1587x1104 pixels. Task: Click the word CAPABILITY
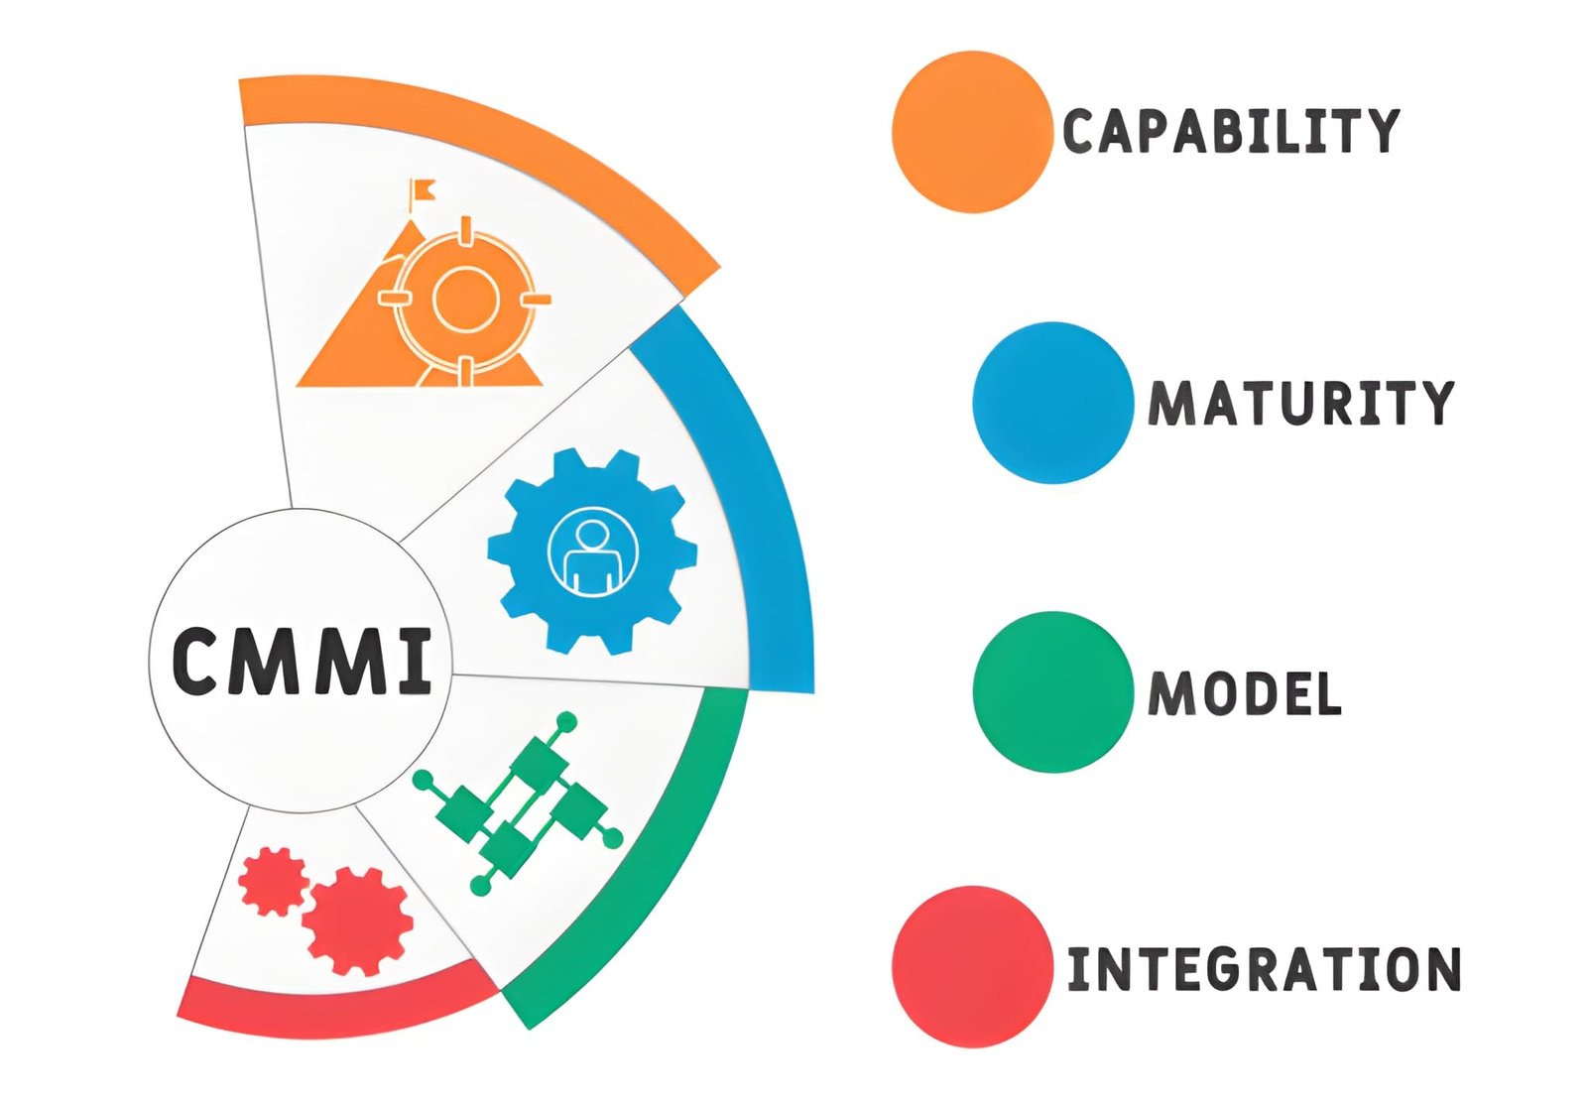point(1231,131)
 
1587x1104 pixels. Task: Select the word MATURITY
point(1300,403)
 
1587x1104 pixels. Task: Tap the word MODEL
point(1244,692)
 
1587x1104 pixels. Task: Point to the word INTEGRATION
point(1264,968)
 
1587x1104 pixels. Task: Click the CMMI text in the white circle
point(302,661)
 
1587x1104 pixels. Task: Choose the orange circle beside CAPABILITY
point(972,132)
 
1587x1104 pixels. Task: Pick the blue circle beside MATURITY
point(1052,403)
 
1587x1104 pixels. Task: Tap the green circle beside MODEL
point(1052,691)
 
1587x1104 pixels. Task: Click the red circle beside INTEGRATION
point(972,966)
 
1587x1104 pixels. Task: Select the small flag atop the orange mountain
point(423,192)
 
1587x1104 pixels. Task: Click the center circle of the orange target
point(465,299)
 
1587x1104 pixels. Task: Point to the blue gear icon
point(592,552)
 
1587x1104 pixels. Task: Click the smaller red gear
point(274,881)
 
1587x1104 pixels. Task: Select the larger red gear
point(357,920)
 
